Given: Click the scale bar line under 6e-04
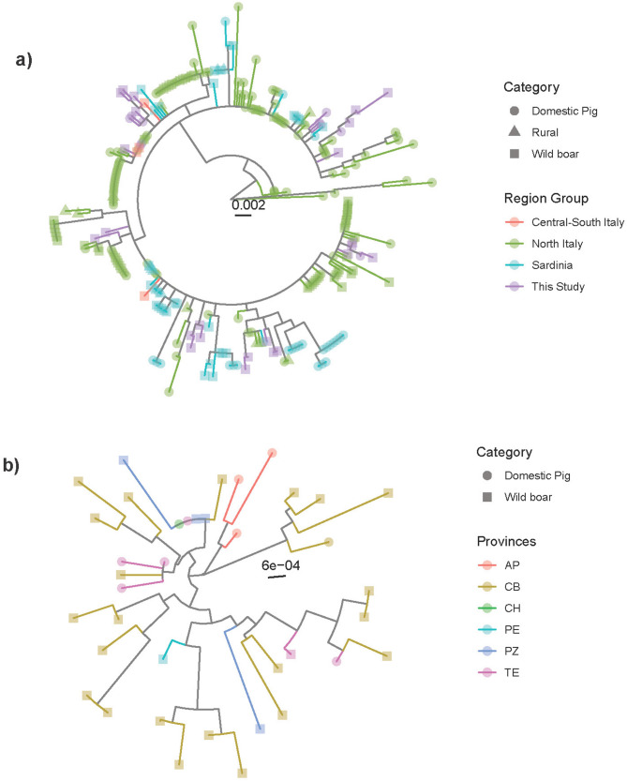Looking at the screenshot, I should [276, 577].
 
